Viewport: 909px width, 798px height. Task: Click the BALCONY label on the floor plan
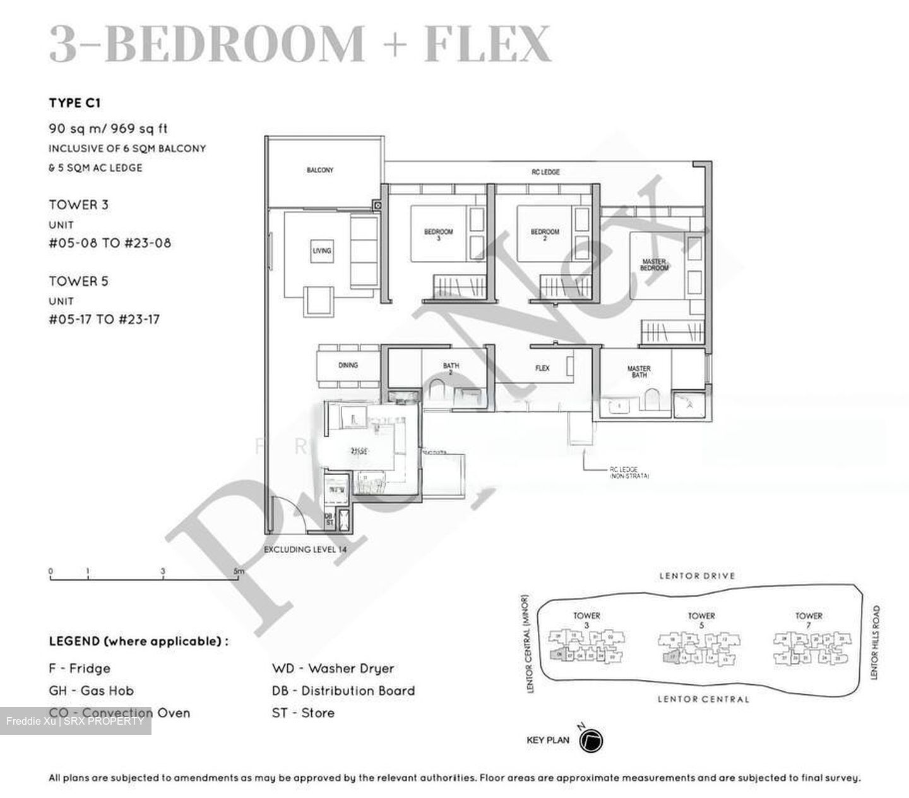[x=320, y=170]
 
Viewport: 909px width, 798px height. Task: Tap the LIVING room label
[x=321, y=251]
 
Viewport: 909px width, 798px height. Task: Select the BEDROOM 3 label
[x=438, y=234]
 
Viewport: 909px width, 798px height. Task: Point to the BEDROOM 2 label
[x=545, y=234]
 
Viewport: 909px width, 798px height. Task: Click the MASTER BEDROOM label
[x=654, y=265]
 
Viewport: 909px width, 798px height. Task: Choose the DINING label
[x=348, y=365]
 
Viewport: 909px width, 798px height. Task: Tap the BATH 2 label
[x=451, y=369]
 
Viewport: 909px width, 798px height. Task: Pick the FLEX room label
[x=542, y=368]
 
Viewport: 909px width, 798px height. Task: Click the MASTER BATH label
[x=639, y=372]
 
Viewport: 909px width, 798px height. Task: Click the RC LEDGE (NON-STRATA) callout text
[x=629, y=473]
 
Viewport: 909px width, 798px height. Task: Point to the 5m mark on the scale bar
[x=238, y=572]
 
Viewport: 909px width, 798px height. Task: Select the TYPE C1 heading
[x=74, y=103]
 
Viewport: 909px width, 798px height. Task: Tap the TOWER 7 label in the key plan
[x=809, y=620]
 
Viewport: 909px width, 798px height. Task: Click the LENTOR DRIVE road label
[x=697, y=576]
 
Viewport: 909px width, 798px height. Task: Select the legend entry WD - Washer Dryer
[x=333, y=668]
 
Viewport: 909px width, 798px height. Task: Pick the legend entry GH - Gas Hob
[x=92, y=691]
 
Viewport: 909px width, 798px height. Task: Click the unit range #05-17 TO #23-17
[x=104, y=320]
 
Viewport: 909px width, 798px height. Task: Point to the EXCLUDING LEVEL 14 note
[x=306, y=550]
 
